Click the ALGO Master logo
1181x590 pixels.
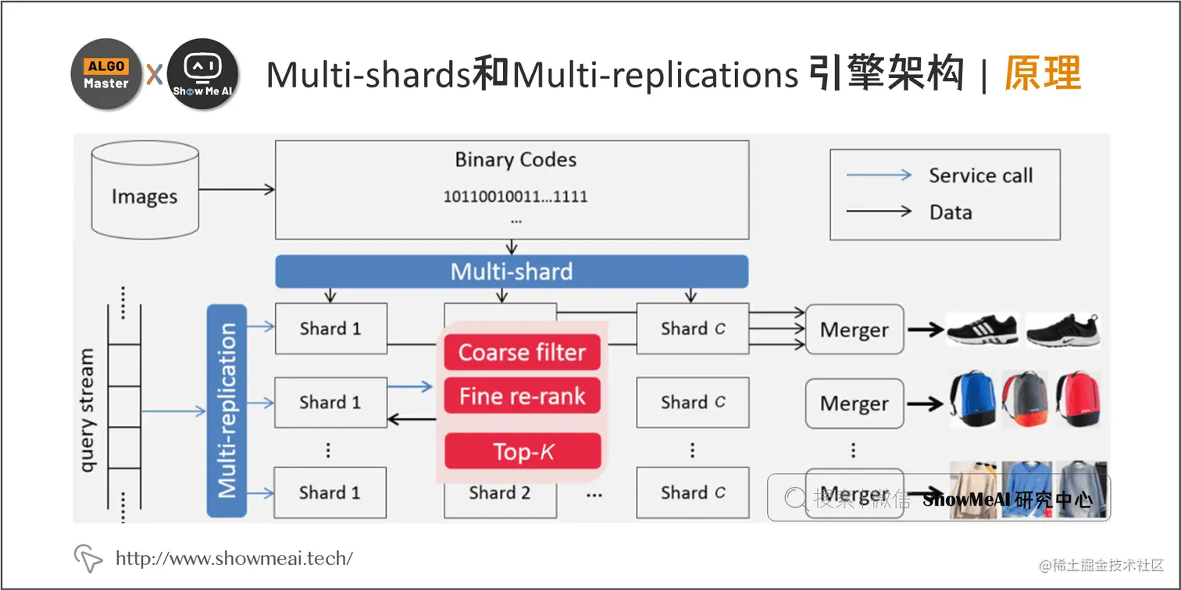pos(105,74)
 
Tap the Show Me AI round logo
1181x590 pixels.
pos(202,74)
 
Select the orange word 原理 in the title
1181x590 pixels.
pos(1043,75)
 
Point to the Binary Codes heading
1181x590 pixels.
pos(516,160)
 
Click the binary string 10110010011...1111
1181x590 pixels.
pos(516,197)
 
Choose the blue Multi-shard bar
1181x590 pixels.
pos(512,272)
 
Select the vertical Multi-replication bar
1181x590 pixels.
pos(227,411)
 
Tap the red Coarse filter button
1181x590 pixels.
pos(522,353)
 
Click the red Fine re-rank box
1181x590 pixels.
pos(522,396)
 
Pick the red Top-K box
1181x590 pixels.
pos(523,451)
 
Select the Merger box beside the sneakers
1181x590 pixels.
pos(854,330)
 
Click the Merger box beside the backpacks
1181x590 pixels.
pos(854,403)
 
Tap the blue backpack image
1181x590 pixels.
pos(971,398)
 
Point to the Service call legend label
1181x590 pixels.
pos(980,176)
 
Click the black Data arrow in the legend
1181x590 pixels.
pos(879,211)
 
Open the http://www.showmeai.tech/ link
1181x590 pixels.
pos(234,558)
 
